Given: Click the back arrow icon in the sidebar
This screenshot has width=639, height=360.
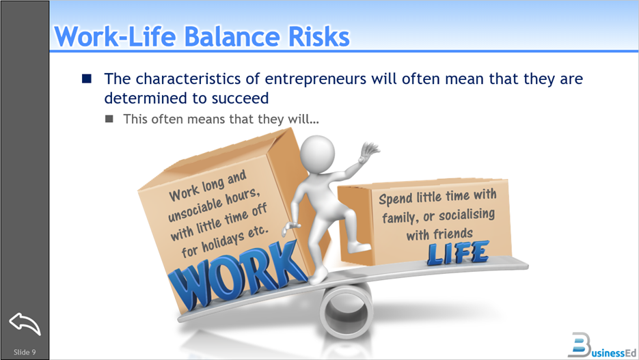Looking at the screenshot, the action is pyautogui.click(x=25, y=324).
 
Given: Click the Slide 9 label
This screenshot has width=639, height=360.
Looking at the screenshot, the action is pyautogui.click(x=25, y=352).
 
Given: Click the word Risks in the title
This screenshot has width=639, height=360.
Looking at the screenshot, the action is pyautogui.click(x=318, y=36).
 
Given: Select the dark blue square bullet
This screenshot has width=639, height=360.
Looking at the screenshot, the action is pyautogui.click(x=86, y=78).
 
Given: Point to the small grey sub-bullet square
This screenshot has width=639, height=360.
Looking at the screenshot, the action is pyautogui.click(x=109, y=118).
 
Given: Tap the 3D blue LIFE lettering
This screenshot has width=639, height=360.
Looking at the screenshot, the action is pyautogui.click(x=458, y=253).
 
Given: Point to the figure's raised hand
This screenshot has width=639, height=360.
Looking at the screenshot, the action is pyautogui.click(x=369, y=151).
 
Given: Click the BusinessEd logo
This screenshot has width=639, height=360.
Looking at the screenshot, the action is pyautogui.click(x=602, y=346).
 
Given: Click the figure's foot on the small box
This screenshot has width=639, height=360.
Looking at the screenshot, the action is pyautogui.click(x=359, y=247).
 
